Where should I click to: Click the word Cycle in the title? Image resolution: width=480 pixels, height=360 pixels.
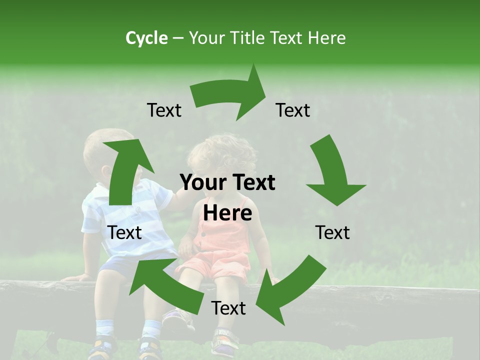pyautogui.click(x=146, y=38)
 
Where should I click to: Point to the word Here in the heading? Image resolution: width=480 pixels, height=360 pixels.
pyautogui.click(x=326, y=38)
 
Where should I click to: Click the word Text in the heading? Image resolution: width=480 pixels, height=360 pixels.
pyautogui.click(x=286, y=38)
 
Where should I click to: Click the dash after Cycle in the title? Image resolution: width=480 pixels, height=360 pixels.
pyautogui.click(x=178, y=38)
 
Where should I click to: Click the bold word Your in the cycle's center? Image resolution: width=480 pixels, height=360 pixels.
pyautogui.click(x=201, y=183)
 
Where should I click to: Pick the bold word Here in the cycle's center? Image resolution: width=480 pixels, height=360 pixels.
pyautogui.click(x=227, y=213)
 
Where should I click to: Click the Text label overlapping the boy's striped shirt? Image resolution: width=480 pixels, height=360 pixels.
pyautogui.click(x=125, y=232)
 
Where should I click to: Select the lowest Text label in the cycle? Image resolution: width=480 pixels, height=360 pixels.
pyautogui.click(x=228, y=308)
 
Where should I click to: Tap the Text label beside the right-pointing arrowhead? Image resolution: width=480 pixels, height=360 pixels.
pyautogui.click(x=293, y=110)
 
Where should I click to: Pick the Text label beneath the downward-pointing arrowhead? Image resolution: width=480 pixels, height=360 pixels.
pyautogui.click(x=332, y=232)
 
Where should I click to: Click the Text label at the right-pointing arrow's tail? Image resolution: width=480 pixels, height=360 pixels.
pyautogui.click(x=164, y=110)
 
